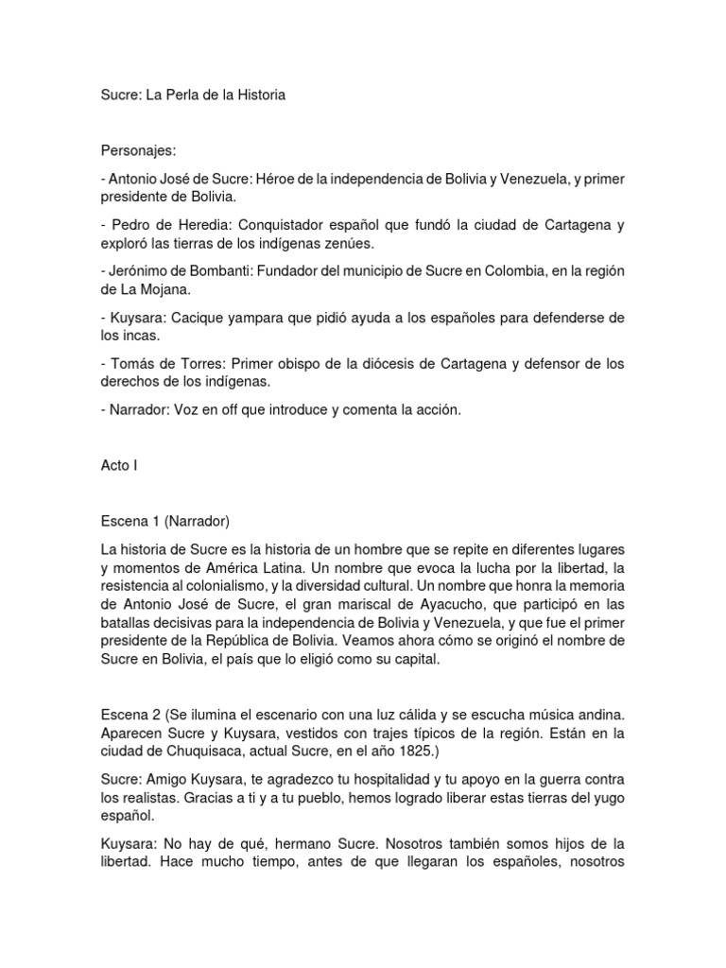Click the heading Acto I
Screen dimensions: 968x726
[x=119, y=465]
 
